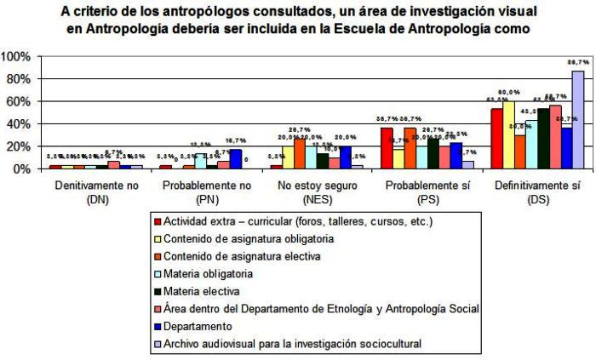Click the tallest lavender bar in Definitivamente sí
tap(578, 119)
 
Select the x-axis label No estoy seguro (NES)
tap(310, 190)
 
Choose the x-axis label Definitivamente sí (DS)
tap(530, 190)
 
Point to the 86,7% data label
tap(578, 63)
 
